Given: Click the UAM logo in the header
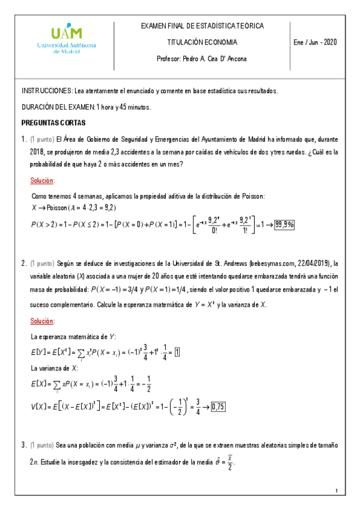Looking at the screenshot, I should pyautogui.click(x=67, y=40).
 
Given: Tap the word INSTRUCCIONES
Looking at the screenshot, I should pyautogui.click(x=47, y=91).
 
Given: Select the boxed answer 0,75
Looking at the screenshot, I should pyautogui.click(x=218, y=407).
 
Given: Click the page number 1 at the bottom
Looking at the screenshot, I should pyautogui.click(x=338, y=493).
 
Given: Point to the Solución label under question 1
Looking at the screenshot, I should pyautogui.click(x=43, y=180).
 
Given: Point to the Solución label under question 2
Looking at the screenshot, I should pyautogui.click(x=43, y=321).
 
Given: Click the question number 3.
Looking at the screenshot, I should pyautogui.click(x=23, y=445).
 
